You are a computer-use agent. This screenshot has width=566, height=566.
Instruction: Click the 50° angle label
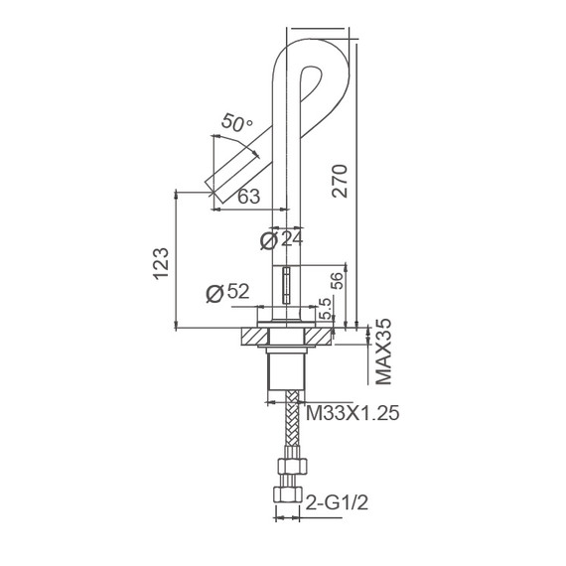(237, 124)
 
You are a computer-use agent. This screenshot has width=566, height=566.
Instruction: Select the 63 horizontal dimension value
(249, 197)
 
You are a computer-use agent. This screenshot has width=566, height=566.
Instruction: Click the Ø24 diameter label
(280, 239)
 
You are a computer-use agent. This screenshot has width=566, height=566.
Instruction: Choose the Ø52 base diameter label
(225, 293)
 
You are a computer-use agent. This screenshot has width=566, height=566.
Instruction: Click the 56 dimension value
(336, 281)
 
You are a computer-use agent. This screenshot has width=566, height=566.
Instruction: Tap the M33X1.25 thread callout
(354, 413)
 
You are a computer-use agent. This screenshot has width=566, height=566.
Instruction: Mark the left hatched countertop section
(251, 338)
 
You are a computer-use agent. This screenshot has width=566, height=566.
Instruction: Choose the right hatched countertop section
(320, 338)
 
